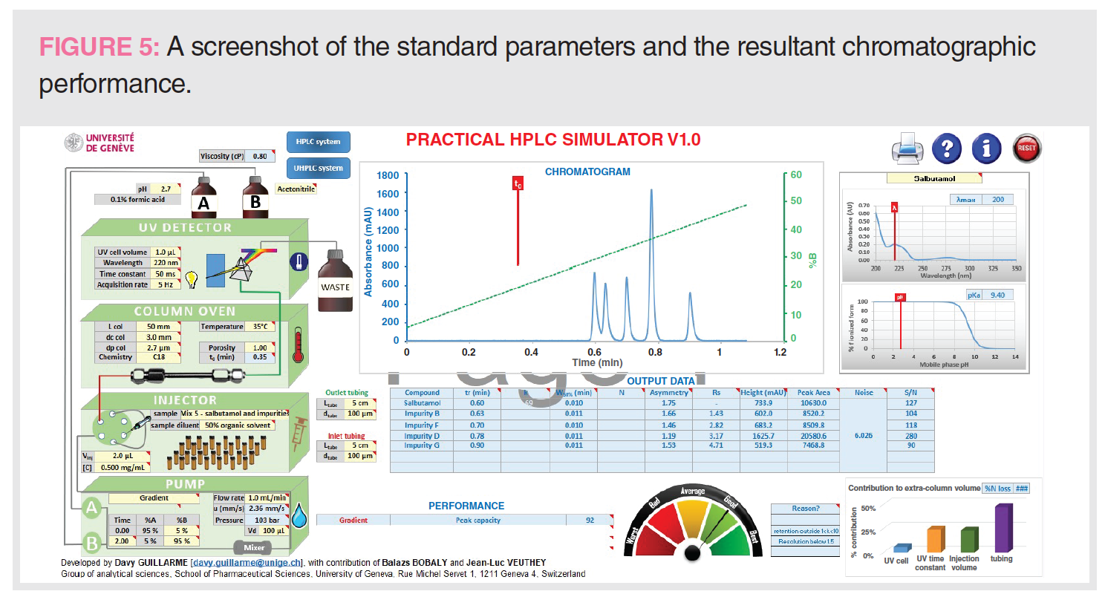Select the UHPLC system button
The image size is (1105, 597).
coord(318,168)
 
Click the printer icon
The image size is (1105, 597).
coord(907,150)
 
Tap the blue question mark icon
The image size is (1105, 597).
coord(946,149)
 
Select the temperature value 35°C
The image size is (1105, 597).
coord(260,327)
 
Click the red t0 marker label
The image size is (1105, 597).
coord(518,183)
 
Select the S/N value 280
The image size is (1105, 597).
coord(910,436)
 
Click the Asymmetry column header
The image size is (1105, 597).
coord(668,393)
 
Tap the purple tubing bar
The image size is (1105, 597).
coord(1003,528)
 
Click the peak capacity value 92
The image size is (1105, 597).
coord(590,521)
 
